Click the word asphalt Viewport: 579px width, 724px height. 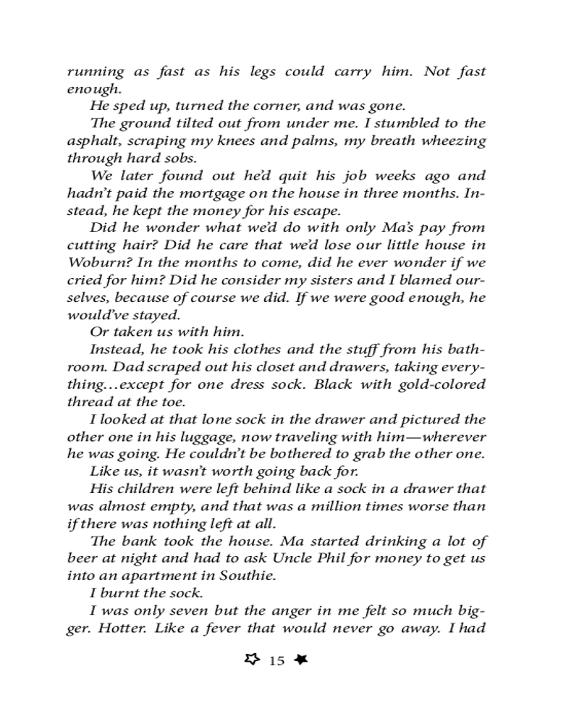(91, 141)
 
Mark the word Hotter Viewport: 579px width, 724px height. (119, 628)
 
